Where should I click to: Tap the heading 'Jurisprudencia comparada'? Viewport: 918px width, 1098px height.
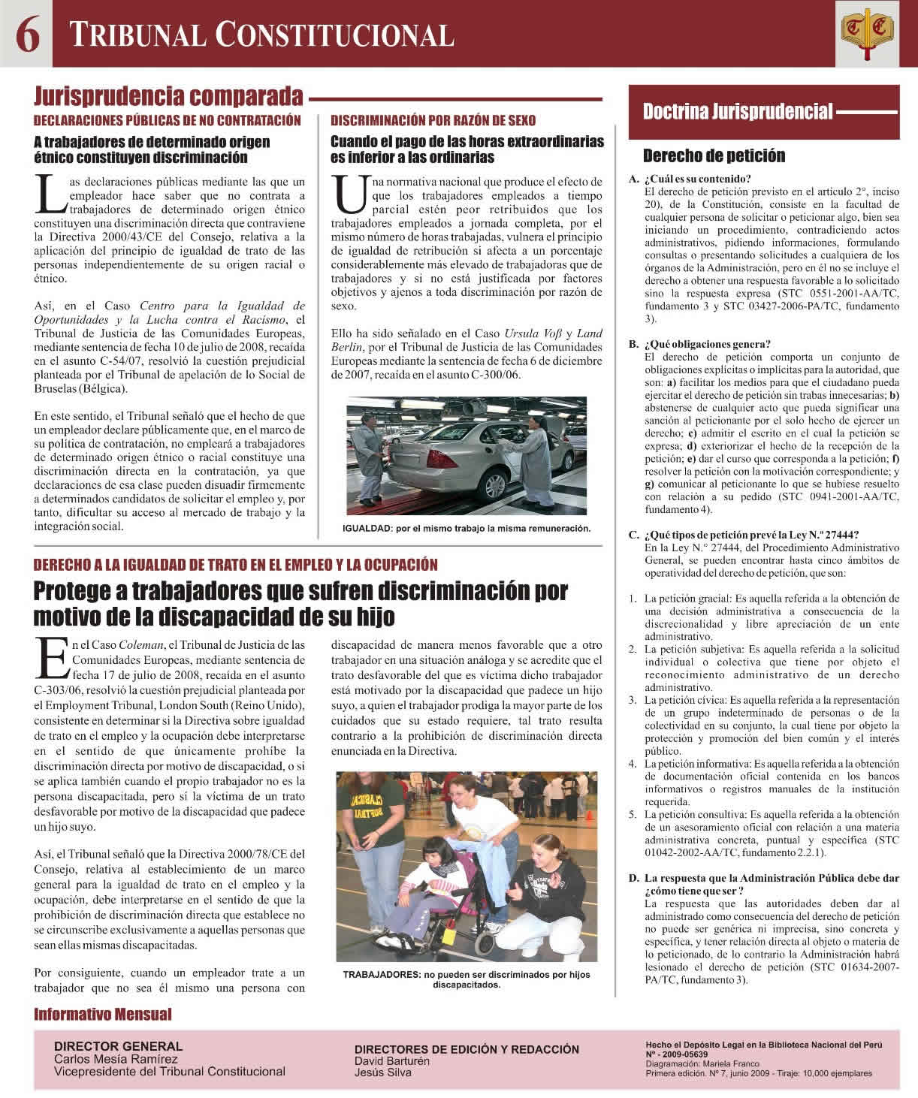pyautogui.click(x=168, y=97)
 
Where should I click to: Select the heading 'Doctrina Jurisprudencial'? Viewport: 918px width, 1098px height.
pyautogui.click(x=738, y=113)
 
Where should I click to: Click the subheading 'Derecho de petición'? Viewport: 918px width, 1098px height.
pyautogui.click(x=714, y=155)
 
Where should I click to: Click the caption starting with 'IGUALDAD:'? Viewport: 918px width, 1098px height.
pyautogui.click(x=466, y=528)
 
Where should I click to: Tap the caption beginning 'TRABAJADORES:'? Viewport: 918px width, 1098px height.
pyautogui.click(x=466, y=979)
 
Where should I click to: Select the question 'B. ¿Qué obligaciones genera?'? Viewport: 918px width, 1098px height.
pyautogui.click(x=699, y=344)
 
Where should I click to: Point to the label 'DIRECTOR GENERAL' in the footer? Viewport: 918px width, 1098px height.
pyautogui.click(x=118, y=1045)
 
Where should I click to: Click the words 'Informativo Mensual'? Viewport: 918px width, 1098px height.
pyautogui.click(x=103, y=1015)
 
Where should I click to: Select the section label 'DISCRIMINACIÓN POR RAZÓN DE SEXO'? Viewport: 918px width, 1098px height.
pyautogui.click(x=433, y=120)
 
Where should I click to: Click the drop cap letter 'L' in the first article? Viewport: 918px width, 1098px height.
pyautogui.click(x=47, y=194)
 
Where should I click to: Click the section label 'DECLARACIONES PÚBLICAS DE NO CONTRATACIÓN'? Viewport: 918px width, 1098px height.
pyautogui.click(x=168, y=120)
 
